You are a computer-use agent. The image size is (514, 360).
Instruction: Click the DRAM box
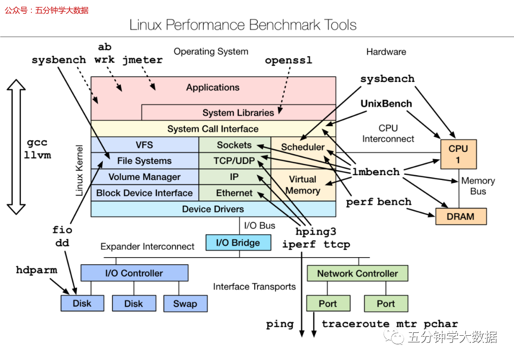coord(461,217)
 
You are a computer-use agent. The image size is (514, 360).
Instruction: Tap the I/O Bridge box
coord(238,243)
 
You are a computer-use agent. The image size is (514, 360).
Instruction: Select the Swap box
coord(185,304)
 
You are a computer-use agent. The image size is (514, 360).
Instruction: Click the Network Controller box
coord(357,274)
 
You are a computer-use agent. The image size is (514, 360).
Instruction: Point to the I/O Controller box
coord(134,273)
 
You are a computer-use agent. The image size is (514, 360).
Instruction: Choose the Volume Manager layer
coord(144,177)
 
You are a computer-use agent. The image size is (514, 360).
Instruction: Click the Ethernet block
coord(234,193)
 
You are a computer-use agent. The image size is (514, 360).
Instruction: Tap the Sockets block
coord(234,145)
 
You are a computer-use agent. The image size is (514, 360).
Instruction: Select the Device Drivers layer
coord(213,209)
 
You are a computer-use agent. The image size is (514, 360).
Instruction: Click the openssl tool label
coord(288,60)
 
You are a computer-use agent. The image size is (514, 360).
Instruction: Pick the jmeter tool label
coord(142,60)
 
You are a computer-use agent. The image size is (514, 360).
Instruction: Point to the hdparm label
coord(36,270)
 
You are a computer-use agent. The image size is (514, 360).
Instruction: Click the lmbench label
coord(376,172)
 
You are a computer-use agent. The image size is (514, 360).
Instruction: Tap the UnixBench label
coord(386,103)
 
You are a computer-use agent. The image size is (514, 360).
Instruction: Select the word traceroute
coord(356,324)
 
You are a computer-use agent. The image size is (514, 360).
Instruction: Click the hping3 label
coord(316,232)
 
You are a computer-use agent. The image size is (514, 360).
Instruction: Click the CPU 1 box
coord(458,154)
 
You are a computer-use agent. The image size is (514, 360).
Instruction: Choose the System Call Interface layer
coord(213,129)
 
